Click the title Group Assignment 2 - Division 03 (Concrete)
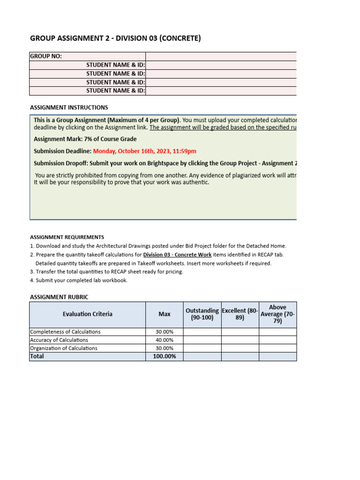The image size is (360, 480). tap(115, 38)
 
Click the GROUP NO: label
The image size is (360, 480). tap(46, 56)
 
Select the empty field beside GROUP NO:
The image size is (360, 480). tap(221, 56)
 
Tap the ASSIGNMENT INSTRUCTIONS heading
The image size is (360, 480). tap(69, 107)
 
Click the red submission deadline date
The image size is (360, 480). tap(144, 151)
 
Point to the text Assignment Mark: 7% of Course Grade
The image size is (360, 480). tap(85, 139)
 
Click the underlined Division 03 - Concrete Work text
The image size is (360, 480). tap(177, 255)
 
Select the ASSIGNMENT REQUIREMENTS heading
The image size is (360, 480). tap(67, 237)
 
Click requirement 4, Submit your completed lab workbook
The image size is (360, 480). tap(82, 280)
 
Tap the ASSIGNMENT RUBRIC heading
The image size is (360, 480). tap(59, 297)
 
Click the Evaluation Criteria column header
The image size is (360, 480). tap(88, 314)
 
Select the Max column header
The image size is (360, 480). tap(165, 314)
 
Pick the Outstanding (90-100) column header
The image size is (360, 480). tap(202, 314)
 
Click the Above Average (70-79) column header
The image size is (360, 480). tap(277, 314)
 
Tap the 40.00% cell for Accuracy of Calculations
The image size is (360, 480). tap(165, 340)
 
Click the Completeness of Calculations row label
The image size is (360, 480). tap(65, 331)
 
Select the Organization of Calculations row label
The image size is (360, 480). tap(64, 348)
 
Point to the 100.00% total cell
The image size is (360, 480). tap(165, 357)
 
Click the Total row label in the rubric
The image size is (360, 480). tap(37, 357)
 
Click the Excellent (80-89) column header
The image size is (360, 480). tap(240, 314)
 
